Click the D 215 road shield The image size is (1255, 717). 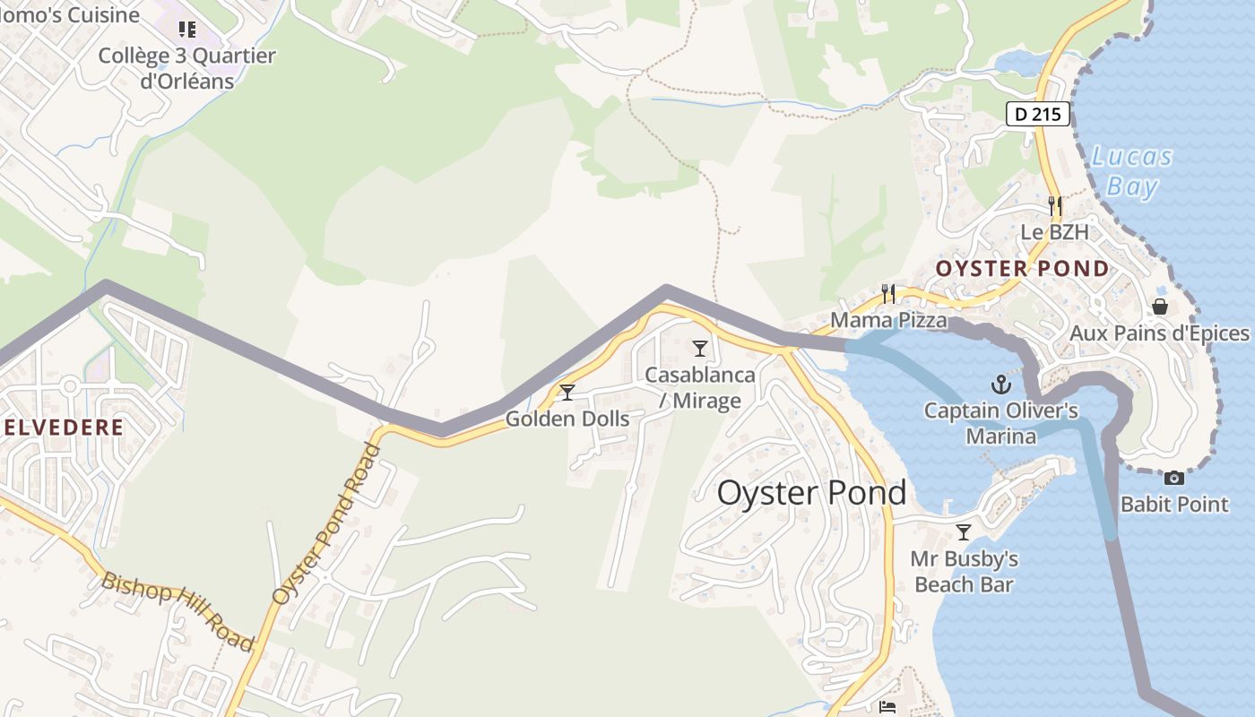click(1038, 115)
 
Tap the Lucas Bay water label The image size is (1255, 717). click(1131, 171)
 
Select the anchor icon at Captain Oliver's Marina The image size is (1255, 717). click(1000, 385)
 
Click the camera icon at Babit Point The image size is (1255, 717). click(1173, 479)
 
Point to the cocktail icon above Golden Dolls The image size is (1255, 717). click(567, 392)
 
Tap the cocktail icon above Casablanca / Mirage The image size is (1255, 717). click(700, 348)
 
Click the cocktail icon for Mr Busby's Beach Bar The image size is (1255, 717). click(964, 532)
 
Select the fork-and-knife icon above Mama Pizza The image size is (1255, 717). click(887, 293)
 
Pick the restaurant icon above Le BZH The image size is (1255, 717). click(1054, 206)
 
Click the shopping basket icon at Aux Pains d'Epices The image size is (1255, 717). click(1160, 307)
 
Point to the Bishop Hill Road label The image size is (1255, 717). click(177, 610)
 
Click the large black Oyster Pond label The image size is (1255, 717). click(811, 493)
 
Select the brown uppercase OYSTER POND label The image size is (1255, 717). click(1022, 269)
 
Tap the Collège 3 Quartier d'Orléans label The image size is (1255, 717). click(186, 68)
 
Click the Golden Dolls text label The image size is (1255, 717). click(567, 419)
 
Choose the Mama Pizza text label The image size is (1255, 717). click(888, 320)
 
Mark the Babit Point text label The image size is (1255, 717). click(1174, 505)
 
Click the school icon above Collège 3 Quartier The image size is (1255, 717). click(186, 30)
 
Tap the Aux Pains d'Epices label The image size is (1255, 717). click(1159, 333)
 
